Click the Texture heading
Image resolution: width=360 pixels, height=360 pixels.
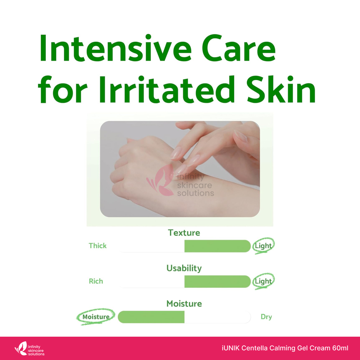184,233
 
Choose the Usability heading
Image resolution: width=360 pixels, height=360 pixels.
184,268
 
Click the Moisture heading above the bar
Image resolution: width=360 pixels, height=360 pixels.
184,304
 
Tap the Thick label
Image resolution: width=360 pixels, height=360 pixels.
98,246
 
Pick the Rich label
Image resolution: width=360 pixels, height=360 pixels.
96,281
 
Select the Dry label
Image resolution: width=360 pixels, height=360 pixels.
266,317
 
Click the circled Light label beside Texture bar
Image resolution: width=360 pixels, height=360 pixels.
263,246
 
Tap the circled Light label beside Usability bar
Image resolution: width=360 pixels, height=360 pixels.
263,281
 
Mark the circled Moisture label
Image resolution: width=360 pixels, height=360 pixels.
96,317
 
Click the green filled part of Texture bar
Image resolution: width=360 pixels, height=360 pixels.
217,246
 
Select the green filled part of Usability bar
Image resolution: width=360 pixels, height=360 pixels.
217,281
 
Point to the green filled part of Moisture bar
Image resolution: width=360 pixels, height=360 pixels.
151,317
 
